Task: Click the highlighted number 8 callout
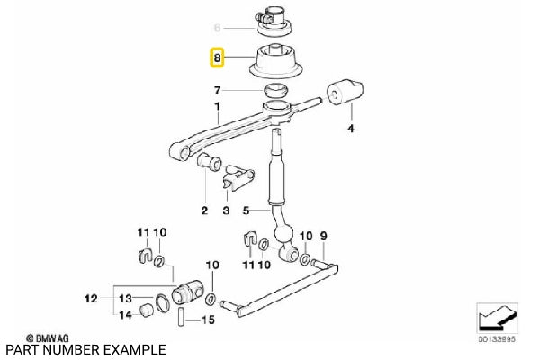tap(217, 58)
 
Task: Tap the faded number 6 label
tap(217, 28)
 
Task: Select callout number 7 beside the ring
tap(217, 91)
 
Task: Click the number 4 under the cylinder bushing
tap(351, 129)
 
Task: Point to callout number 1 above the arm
tap(217, 107)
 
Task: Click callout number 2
tap(204, 211)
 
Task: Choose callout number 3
tap(226, 211)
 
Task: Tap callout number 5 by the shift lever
tap(246, 211)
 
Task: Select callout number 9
tap(323, 237)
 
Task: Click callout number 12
tap(91, 298)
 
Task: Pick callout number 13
tap(125, 298)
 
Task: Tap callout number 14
tap(125, 314)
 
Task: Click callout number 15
tap(208, 319)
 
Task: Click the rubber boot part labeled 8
tap(275, 62)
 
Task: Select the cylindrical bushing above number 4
tap(345, 91)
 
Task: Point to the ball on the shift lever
tap(283, 234)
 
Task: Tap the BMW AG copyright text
tap(48, 338)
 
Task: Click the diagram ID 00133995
tap(497, 339)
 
